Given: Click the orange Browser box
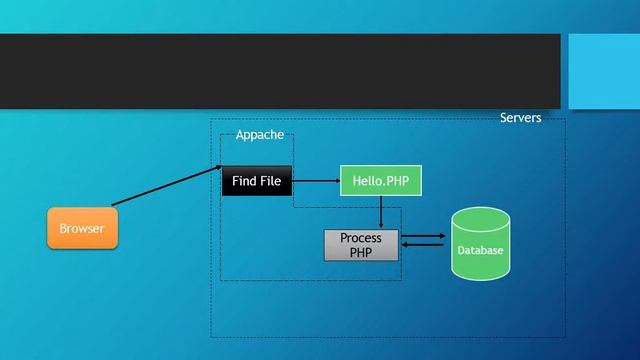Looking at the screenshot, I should click(x=82, y=229).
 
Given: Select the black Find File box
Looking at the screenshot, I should click(x=257, y=181).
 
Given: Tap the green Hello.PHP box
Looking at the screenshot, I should click(x=381, y=181).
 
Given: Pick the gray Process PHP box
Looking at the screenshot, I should click(x=361, y=245).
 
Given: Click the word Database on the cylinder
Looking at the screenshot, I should click(x=480, y=250).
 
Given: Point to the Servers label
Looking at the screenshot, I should click(x=520, y=118).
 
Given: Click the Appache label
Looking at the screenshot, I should click(x=259, y=135).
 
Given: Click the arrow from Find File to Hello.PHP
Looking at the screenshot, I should click(x=316, y=181).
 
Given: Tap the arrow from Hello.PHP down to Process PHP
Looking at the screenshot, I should click(x=381, y=212).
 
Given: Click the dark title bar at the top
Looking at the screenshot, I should click(x=280, y=70).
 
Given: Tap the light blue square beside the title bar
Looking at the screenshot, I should click(x=604, y=70).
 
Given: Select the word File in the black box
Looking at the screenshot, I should click(x=271, y=181).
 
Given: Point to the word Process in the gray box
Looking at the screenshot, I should click(x=361, y=238).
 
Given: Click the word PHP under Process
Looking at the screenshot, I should click(x=361, y=253).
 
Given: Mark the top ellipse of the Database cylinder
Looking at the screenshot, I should click(x=480, y=219).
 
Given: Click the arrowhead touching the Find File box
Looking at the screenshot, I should click(x=217, y=166).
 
